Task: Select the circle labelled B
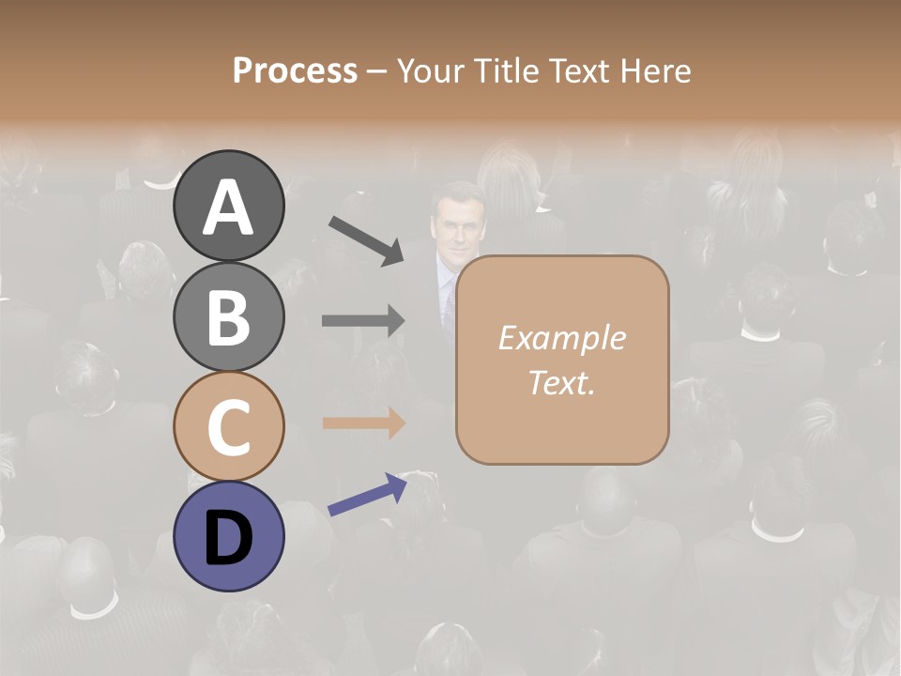pos(228,316)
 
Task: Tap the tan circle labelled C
pos(228,427)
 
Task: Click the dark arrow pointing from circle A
pos(366,240)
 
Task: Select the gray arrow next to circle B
pos(363,321)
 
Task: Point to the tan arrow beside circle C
pos(363,423)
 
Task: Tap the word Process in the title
pos(295,70)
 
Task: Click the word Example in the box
pos(561,338)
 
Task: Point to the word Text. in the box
pos(561,382)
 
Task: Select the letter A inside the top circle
pos(228,208)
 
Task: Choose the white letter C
pos(228,427)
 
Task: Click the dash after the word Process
pos(377,71)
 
